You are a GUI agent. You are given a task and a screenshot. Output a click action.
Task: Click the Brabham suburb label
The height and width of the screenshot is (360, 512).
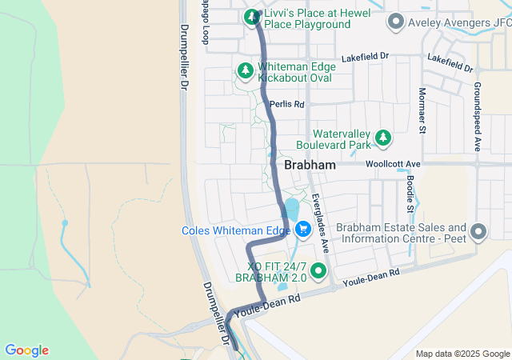tap(310, 165)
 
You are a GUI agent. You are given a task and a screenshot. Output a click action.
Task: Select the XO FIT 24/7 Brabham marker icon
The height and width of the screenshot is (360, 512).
tap(319, 270)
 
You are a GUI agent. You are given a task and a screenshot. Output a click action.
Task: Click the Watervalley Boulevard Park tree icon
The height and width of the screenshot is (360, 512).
tap(383, 138)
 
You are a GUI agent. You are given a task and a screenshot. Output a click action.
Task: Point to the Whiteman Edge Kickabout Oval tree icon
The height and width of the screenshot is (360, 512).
tap(245, 72)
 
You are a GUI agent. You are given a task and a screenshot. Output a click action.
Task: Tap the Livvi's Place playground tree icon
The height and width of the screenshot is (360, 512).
tap(252, 17)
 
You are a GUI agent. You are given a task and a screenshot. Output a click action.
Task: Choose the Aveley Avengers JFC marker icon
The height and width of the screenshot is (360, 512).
tap(394, 22)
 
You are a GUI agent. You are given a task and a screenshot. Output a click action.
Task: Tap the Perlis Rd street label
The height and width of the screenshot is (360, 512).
tap(287, 104)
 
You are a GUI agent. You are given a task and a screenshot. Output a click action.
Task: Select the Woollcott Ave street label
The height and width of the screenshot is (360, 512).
tap(393, 164)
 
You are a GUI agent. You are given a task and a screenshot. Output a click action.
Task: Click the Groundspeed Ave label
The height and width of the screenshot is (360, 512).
tap(476, 116)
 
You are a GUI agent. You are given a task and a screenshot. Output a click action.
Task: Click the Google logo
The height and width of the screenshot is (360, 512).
tap(26, 350)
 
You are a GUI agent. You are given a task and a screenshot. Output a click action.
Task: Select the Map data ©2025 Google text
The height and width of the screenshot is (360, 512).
tap(462, 354)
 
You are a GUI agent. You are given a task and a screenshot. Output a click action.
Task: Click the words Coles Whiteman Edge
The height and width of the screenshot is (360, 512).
tap(236, 230)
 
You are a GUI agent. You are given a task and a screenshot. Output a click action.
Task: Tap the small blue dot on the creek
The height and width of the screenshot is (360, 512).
tap(65, 222)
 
